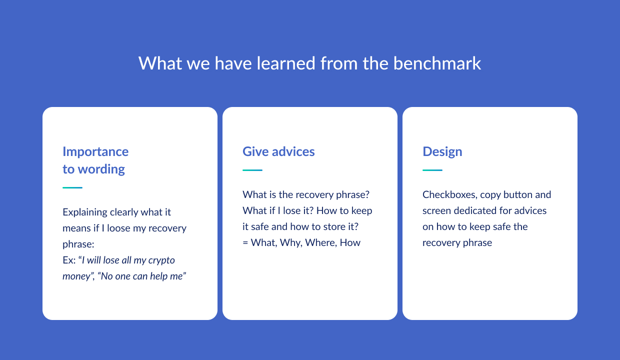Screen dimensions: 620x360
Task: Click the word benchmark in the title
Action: [x=437, y=63]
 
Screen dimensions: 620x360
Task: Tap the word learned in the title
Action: [x=286, y=63]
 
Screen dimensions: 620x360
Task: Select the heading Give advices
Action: [x=278, y=151]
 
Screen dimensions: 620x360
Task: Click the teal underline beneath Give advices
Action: [x=252, y=170]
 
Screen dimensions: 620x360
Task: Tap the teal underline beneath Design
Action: [x=432, y=170]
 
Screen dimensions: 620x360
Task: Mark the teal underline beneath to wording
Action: [x=72, y=187]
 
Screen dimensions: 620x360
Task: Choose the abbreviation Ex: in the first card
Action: [x=69, y=260]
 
